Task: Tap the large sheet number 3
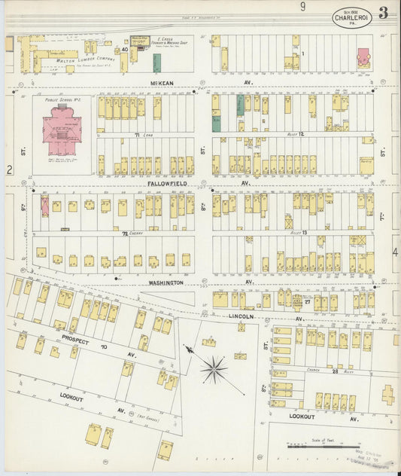click(x=384, y=12)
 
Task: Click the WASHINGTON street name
click(x=165, y=282)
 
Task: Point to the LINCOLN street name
click(x=242, y=318)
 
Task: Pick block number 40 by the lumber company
click(x=124, y=50)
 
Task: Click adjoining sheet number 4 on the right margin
click(x=395, y=252)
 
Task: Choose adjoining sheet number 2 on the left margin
click(x=9, y=170)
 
